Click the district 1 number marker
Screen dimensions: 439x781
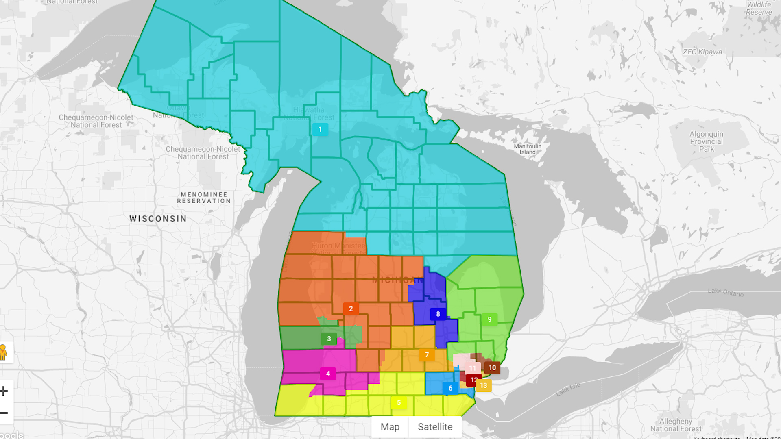point(320,129)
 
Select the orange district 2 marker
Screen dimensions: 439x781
point(351,309)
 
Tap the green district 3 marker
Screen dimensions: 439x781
point(329,339)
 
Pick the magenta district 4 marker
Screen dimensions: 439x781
point(328,374)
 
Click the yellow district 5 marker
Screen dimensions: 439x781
point(399,403)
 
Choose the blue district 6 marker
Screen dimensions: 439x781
point(450,388)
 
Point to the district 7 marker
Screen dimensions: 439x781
point(427,355)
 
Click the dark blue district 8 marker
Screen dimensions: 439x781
point(438,314)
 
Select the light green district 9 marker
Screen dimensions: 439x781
point(489,319)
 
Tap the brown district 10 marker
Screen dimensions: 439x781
point(492,368)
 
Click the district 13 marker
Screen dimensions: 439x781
point(483,385)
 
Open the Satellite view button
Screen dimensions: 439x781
point(435,427)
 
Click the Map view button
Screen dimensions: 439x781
point(390,427)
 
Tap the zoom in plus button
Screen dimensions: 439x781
point(4,391)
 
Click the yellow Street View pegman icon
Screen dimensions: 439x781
point(4,352)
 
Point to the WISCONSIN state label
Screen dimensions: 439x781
point(158,219)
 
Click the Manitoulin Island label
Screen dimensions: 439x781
point(527,149)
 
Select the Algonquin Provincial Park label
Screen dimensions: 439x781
point(706,141)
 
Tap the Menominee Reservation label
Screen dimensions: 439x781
point(204,198)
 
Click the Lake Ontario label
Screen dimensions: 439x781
point(725,292)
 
